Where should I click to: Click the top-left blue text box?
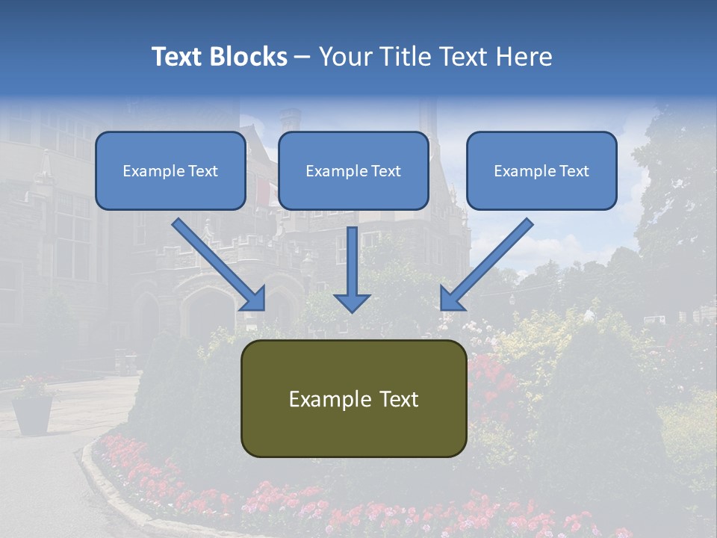(x=170, y=170)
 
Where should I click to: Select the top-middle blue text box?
(x=353, y=170)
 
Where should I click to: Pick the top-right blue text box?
(x=541, y=170)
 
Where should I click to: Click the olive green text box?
(x=353, y=398)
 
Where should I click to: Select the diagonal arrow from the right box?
(x=488, y=262)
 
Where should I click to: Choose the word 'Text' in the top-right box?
(x=573, y=171)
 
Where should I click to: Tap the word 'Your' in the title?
(x=341, y=57)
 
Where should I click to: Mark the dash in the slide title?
(x=302, y=58)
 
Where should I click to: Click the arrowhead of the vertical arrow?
(x=352, y=301)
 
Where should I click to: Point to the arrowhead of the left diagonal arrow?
(x=254, y=298)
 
